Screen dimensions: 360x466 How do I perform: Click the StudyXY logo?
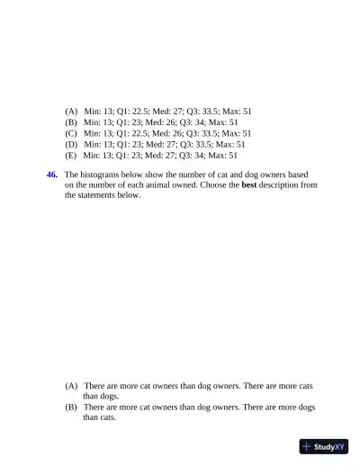324,446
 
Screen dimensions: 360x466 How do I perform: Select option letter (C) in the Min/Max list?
71,132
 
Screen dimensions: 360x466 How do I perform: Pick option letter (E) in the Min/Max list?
71,154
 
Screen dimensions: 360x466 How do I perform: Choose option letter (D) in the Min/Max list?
71,143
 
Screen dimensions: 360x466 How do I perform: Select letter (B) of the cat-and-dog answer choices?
71,407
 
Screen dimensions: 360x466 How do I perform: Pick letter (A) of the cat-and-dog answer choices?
71,385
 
